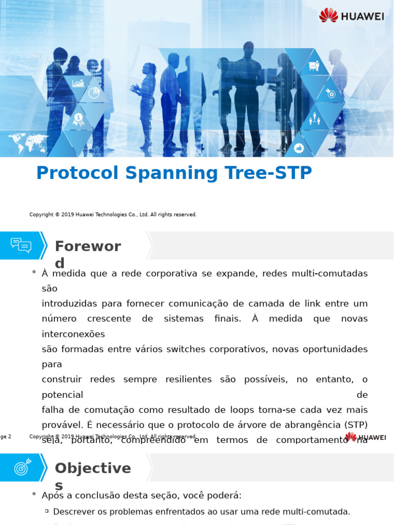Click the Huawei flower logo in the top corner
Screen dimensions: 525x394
tap(328, 15)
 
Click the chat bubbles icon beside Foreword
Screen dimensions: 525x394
tap(21, 246)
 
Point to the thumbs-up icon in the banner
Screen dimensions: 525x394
tap(299, 148)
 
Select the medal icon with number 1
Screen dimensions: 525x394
tap(78, 119)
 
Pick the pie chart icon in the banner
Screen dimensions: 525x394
tap(94, 92)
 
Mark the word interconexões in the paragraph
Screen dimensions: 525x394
tap(73, 334)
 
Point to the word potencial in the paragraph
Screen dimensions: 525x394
tap(62, 395)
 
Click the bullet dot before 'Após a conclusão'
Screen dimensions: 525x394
tap(34, 494)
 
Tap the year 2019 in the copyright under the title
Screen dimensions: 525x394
tap(68, 215)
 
